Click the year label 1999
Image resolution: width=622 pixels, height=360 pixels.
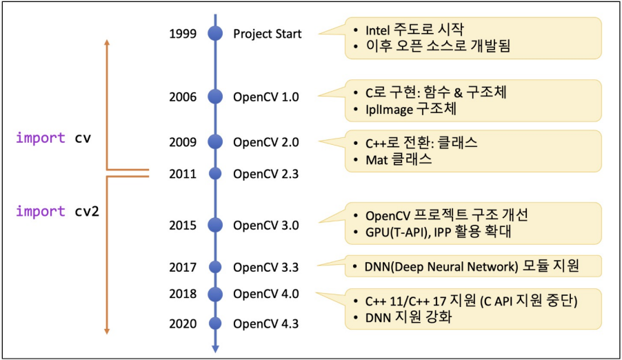[x=183, y=34]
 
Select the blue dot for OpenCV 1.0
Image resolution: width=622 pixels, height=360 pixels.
[x=215, y=97]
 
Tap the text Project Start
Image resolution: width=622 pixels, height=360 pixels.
[x=268, y=34]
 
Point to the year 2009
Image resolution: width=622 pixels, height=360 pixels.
[x=183, y=142]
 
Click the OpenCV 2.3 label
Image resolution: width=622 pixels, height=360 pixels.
[x=265, y=174]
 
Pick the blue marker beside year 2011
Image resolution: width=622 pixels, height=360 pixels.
[x=215, y=174]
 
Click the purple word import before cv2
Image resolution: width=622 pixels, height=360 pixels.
[x=41, y=211]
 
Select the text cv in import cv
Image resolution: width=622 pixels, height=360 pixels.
[x=83, y=138]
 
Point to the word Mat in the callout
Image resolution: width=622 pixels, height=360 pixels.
[x=377, y=160]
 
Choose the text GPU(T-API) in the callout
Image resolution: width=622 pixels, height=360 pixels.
[x=397, y=232]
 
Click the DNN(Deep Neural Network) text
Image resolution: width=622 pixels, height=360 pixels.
[x=441, y=267]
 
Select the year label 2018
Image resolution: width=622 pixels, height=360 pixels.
[x=183, y=294]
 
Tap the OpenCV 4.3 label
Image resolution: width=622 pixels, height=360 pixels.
[x=265, y=324]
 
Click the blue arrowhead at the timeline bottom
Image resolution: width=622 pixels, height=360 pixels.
[x=215, y=348]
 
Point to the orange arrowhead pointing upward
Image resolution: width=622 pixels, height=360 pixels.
[x=107, y=42]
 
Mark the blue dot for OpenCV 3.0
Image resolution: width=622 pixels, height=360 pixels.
[x=215, y=225]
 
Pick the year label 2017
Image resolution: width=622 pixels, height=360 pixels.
[x=183, y=268]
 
